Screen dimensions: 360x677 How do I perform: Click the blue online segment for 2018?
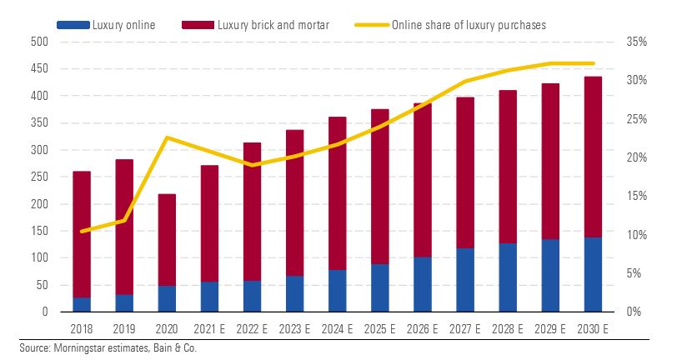(82, 304)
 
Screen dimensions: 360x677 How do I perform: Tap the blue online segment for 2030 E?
(593, 274)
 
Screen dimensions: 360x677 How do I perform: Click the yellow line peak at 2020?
(167, 137)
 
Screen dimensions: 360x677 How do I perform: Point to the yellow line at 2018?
(82, 231)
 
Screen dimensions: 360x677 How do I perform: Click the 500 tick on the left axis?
(39, 42)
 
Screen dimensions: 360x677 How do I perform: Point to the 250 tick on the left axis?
(39, 177)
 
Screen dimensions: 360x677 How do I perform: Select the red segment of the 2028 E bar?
(508, 167)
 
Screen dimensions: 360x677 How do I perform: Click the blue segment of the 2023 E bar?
(294, 293)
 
